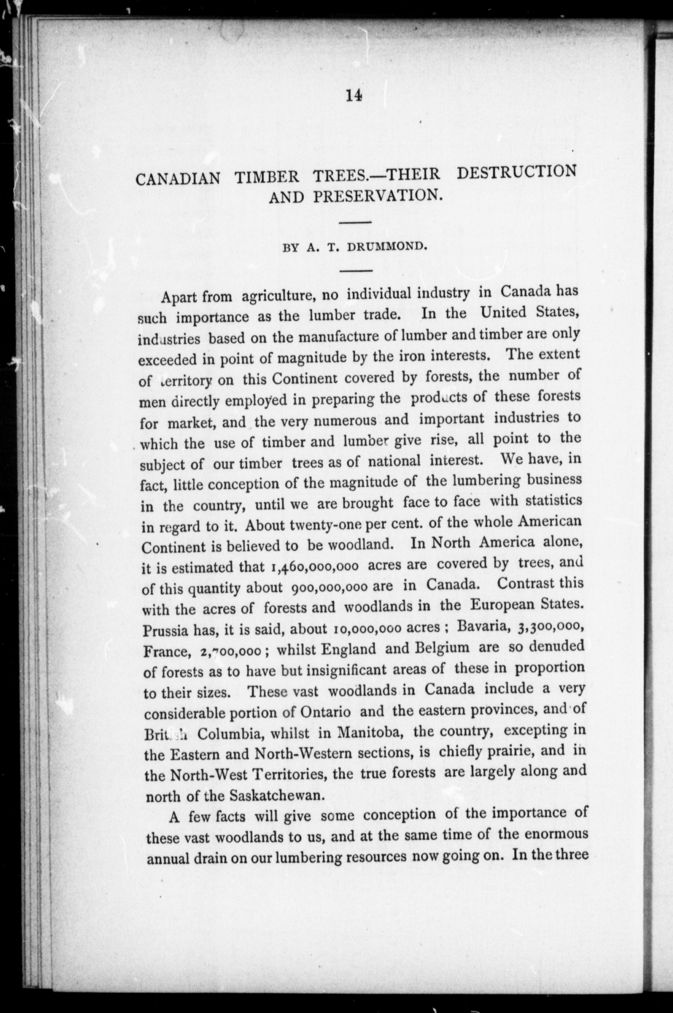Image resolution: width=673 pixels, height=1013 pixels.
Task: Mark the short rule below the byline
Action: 356,270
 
